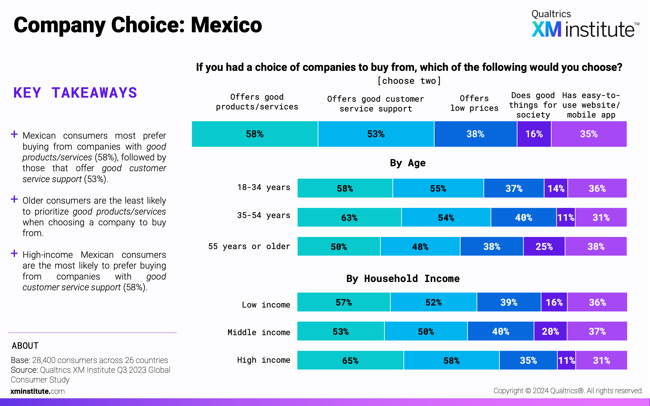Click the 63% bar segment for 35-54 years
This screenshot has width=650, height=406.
(349, 217)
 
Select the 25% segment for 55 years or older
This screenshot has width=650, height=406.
(544, 246)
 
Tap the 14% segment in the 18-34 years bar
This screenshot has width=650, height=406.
(556, 188)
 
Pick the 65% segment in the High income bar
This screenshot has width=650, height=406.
(350, 360)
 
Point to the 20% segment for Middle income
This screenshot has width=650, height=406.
(550, 331)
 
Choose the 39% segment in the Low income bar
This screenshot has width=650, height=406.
(509, 302)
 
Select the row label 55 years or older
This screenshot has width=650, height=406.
(249, 246)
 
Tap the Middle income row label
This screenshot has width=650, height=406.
(259, 332)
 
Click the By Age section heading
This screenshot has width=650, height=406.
(407, 163)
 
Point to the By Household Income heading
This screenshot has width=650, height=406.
(403, 279)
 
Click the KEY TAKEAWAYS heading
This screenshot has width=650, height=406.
(75, 93)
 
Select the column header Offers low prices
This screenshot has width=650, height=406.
(474, 103)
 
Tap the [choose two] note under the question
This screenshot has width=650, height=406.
(409, 81)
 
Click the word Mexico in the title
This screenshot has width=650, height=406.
(226, 25)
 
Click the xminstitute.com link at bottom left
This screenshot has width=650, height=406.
(38, 391)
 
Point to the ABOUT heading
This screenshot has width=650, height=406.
(25, 346)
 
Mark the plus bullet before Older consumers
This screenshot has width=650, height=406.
(14, 199)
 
